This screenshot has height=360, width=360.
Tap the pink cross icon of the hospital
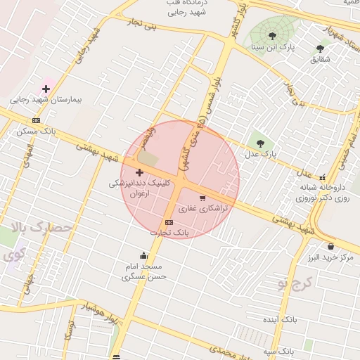(46, 89)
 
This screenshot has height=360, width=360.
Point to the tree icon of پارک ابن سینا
(271, 36)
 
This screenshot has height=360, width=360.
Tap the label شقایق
(319, 60)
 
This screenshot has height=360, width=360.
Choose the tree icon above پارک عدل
(261, 143)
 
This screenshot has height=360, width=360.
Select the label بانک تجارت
(169, 232)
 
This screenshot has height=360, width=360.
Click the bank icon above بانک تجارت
(169, 222)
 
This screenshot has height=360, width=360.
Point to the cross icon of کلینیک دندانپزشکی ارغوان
(139, 172)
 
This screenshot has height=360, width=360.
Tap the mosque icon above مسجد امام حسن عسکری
(143, 255)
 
